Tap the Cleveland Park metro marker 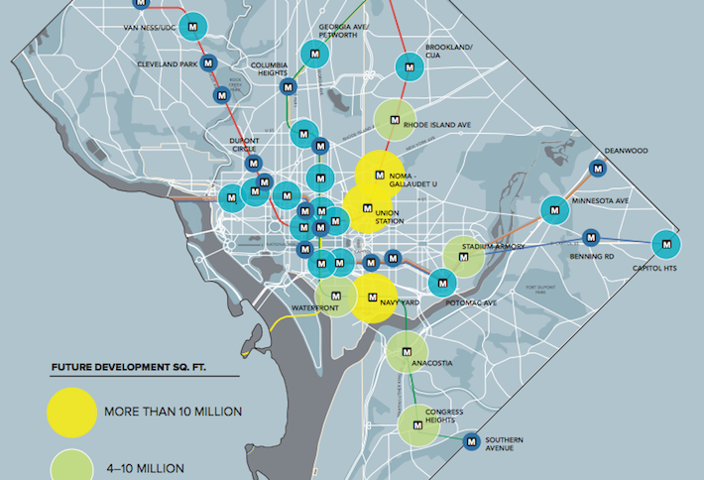point(208,63)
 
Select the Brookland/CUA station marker point(409,66)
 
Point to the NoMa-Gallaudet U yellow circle point(379,176)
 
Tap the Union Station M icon point(367,209)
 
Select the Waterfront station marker point(336,296)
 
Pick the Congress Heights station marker point(418,424)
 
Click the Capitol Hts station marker point(666,243)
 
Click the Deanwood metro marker point(596,168)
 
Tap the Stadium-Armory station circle point(464,255)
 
